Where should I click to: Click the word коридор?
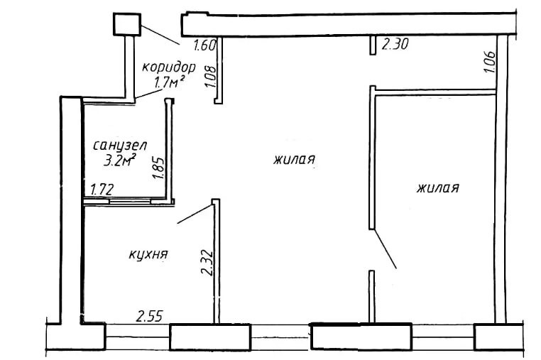point(169,67)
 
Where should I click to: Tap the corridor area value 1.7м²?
point(168,82)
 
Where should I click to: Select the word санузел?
point(120,146)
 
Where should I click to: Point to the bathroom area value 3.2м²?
point(119,160)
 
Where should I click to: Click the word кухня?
point(148,254)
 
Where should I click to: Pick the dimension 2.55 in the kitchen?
point(149,316)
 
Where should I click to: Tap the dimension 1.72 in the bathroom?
point(102,190)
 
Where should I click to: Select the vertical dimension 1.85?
point(159,168)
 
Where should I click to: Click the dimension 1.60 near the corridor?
point(204,45)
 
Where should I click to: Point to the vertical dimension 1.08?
point(210,76)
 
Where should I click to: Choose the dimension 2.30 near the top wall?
point(395,44)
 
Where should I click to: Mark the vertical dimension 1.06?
point(490,62)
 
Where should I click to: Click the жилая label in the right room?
point(438,188)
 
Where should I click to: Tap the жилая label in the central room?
point(295,160)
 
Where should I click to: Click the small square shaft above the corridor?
point(127,24)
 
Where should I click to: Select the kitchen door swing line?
point(195,214)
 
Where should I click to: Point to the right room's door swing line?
point(385,249)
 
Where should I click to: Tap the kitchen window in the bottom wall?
point(137,337)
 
